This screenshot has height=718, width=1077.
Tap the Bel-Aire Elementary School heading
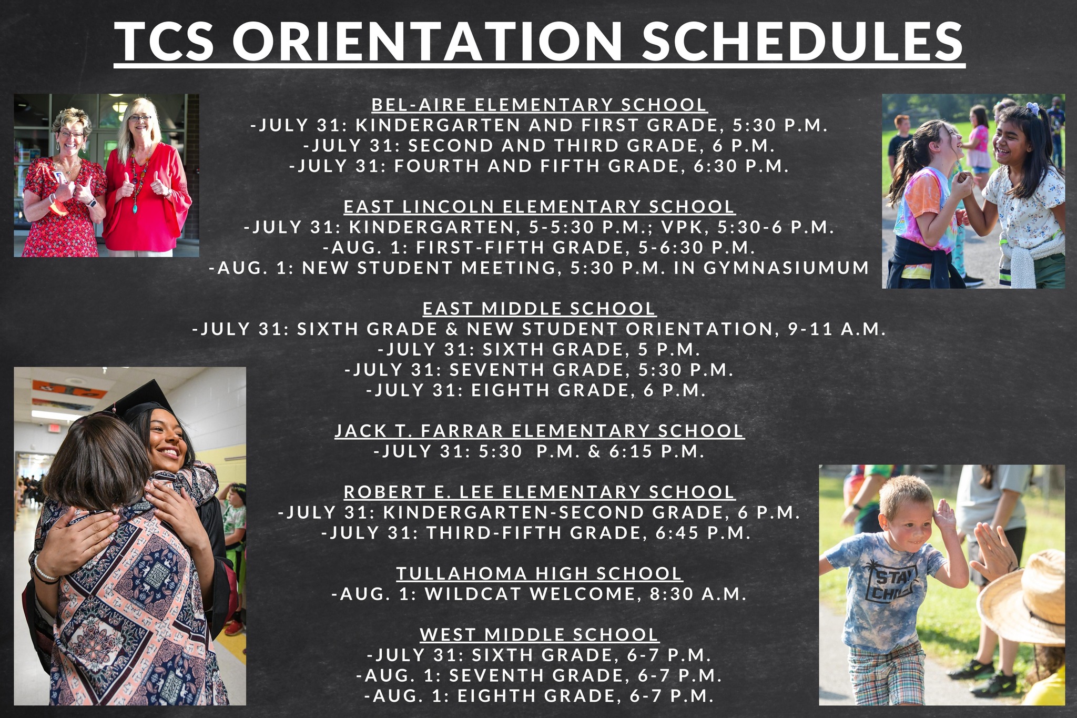[539, 105]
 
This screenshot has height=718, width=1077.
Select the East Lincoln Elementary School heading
[539, 207]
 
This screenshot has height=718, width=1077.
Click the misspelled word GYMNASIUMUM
[786, 268]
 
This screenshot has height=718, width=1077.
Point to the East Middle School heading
[539, 308]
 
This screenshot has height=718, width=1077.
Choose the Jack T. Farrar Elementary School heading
[539, 431]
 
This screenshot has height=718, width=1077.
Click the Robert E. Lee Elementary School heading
[539, 492]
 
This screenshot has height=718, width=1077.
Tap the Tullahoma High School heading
[539, 573]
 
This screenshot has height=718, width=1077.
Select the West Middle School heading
[539, 634]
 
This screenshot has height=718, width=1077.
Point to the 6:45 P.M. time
[703, 533]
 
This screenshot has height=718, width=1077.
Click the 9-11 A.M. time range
[837, 329]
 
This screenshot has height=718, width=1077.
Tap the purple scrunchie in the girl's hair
[1032, 109]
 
